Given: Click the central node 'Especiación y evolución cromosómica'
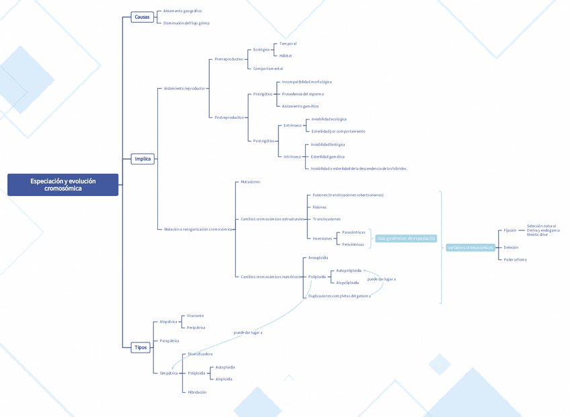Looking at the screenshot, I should [x=63, y=185].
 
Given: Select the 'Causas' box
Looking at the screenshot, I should [x=142, y=17].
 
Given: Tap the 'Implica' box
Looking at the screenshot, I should [x=142, y=159].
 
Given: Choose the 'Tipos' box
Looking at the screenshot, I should [x=140, y=347].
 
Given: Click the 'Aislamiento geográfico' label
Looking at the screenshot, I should [x=182, y=11].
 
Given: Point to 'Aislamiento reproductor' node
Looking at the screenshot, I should [x=184, y=88].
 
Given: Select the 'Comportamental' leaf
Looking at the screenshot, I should [x=268, y=68].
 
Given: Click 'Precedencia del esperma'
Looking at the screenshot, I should [x=302, y=94].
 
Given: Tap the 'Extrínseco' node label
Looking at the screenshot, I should [x=292, y=126].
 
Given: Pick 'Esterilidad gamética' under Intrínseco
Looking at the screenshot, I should [x=327, y=156].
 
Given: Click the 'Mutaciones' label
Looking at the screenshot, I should [x=250, y=182].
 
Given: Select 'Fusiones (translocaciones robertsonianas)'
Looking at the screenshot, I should [x=348, y=195].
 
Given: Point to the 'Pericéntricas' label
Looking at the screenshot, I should [x=353, y=244].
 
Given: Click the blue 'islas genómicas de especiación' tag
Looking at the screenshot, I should [x=406, y=238].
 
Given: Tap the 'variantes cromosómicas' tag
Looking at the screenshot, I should [x=470, y=248].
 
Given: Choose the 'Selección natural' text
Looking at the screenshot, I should [x=541, y=226].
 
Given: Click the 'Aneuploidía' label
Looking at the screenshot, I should [x=318, y=258].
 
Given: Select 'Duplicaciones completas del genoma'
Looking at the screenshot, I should [x=339, y=296].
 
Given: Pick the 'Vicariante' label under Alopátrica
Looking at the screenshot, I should [x=195, y=316].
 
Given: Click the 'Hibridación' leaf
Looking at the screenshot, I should [x=197, y=392].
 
